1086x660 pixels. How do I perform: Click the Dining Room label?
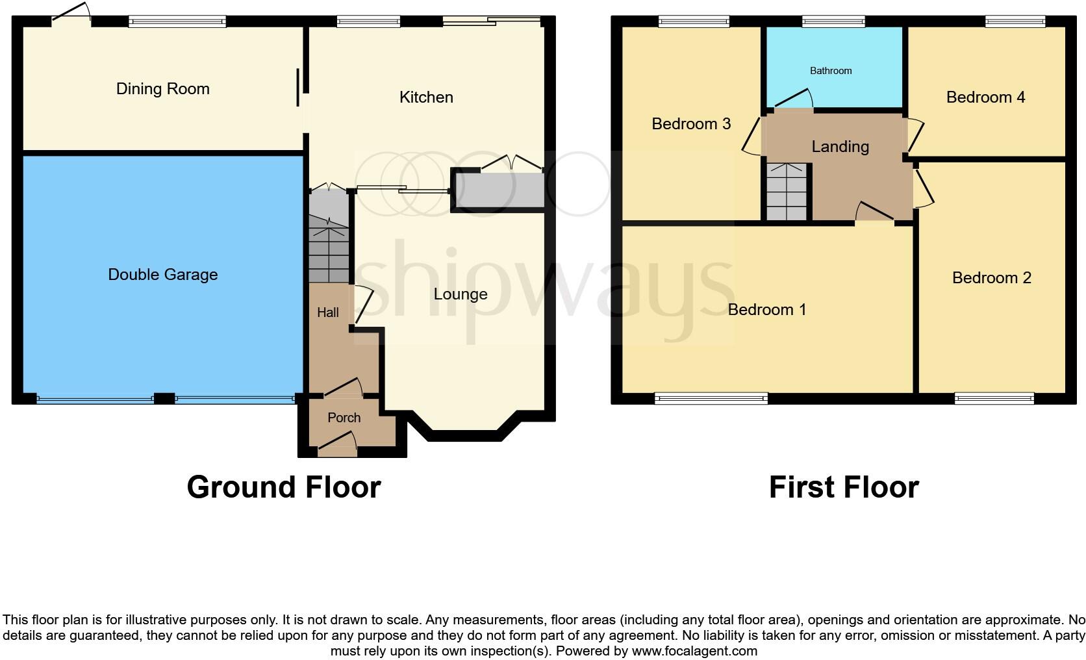(x=162, y=89)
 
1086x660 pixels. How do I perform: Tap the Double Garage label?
(x=162, y=275)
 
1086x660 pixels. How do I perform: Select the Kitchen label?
(x=426, y=97)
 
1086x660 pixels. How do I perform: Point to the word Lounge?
(x=460, y=294)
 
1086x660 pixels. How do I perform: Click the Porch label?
(x=344, y=418)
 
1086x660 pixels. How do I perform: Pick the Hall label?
(x=327, y=312)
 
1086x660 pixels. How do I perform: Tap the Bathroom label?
(x=830, y=71)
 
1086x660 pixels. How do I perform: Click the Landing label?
(x=840, y=147)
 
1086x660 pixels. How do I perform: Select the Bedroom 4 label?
(x=985, y=97)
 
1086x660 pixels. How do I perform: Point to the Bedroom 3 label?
(x=691, y=123)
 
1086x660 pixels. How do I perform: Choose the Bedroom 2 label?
(x=991, y=278)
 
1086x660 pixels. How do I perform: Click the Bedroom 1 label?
(x=766, y=310)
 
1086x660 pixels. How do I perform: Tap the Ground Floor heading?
(x=283, y=487)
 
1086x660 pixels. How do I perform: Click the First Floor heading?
(x=843, y=487)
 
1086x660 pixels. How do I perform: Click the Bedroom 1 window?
(x=711, y=398)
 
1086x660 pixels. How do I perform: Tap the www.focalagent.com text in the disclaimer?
(x=694, y=651)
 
